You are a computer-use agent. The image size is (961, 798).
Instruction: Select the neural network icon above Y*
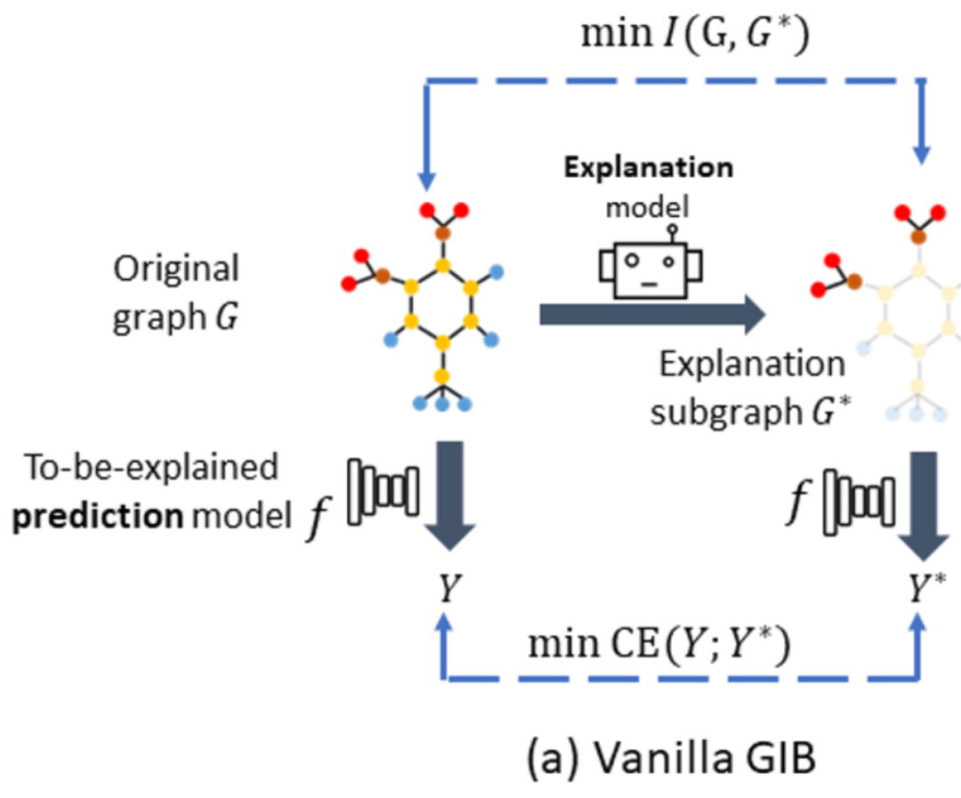click(857, 506)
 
